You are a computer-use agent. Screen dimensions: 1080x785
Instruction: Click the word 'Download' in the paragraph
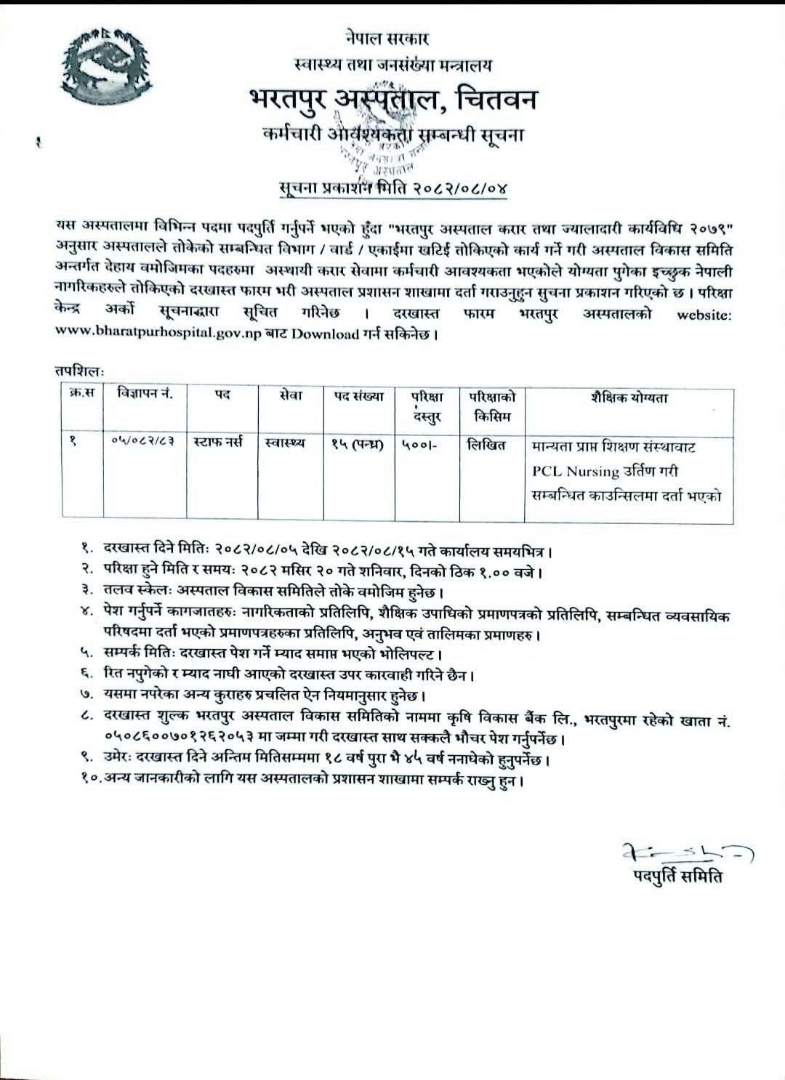pyautogui.click(x=326, y=334)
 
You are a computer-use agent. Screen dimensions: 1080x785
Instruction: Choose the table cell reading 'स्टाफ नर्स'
pyautogui.click(x=221, y=441)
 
